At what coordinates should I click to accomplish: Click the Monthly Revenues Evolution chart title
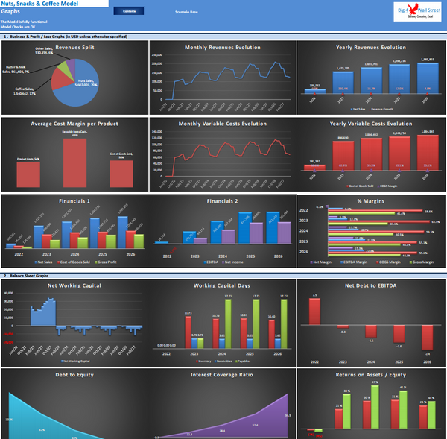click(x=222, y=48)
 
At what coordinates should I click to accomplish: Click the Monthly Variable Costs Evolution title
click(x=222, y=124)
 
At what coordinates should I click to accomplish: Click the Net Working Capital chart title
click(x=74, y=285)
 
